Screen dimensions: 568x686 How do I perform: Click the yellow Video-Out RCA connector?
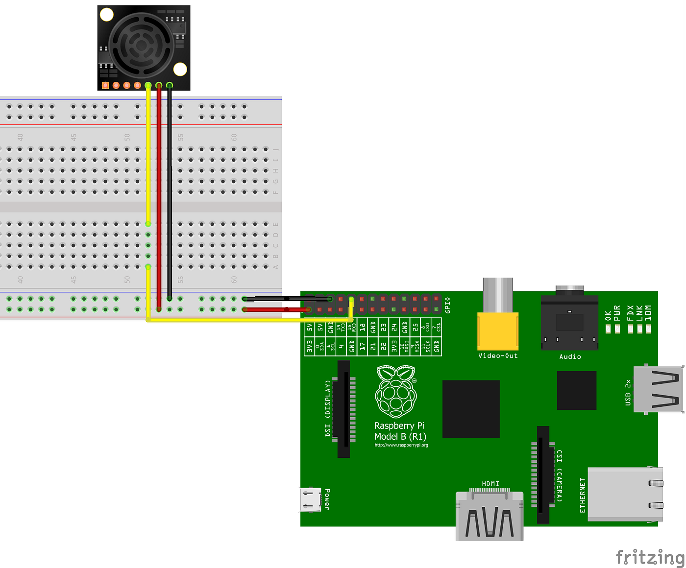coord(498,331)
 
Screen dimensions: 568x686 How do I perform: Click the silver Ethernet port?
coord(625,494)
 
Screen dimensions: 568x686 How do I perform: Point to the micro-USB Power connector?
coord(310,499)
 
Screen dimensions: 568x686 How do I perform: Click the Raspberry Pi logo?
coord(396,392)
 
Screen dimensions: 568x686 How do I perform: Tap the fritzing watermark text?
coord(650,557)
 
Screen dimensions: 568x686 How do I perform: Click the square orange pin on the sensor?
coord(105,86)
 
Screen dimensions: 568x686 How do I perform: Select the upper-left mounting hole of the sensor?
coord(106,15)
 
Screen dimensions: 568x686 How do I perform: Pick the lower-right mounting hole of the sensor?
coord(180,70)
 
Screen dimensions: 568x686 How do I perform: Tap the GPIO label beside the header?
coord(447,305)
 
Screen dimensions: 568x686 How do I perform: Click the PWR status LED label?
coord(617,312)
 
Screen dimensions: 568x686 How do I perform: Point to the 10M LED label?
coord(648,312)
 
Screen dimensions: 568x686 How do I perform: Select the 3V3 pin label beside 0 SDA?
coord(309,347)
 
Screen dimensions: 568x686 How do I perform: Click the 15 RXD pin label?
coord(352,328)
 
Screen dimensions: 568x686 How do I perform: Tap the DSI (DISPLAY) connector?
coord(344,409)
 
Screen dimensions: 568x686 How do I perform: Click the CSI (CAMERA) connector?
coord(543,474)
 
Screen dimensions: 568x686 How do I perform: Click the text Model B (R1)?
coord(400,436)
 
